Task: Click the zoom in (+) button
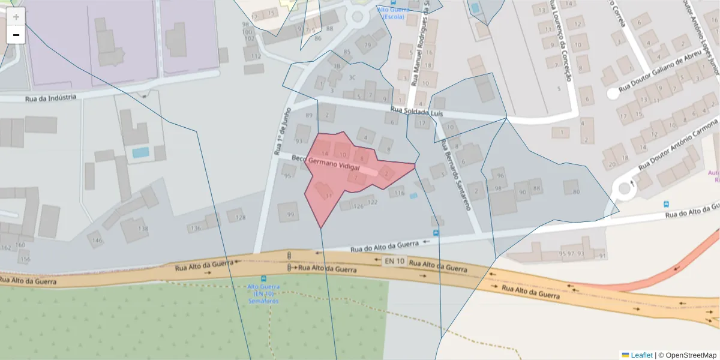pos(16,17)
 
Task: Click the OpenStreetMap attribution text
pos(691,355)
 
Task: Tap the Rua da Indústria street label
pos(50,98)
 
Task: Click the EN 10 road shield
pos(394,261)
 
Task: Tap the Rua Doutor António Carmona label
pos(678,144)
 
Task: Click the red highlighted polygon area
pos(336,180)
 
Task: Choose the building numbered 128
pos(240,217)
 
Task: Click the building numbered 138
pos(142,229)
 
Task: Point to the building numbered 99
pos(291,214)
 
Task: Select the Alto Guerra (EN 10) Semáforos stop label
pos(263,293)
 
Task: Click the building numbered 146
pos(97,241)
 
